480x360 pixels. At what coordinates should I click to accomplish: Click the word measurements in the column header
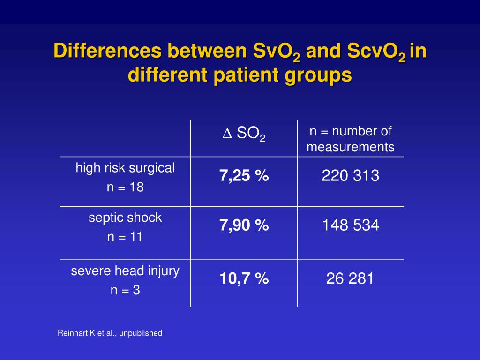[x=351, y=147]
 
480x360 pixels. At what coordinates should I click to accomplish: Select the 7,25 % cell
[x=244, y=176]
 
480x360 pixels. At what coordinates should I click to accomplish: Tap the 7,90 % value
[x=244, y=225]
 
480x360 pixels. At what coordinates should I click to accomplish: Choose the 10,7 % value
[x=244, y=279]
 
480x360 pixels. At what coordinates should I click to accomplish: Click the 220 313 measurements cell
[x=351, y=176]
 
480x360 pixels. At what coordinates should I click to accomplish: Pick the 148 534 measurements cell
[x=351, y=225]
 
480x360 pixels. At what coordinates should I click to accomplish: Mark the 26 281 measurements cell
[x=351, y=279]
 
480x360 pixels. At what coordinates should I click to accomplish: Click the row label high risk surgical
[x=125, y=168]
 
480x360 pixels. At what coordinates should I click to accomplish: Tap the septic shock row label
[x=125, y=217]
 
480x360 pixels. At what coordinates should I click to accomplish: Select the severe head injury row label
[x=125, y=271]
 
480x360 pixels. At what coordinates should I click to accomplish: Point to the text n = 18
[x=125, y=187]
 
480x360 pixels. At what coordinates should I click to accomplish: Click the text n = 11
[x=125, y=237]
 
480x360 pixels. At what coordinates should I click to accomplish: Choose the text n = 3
[x=125, y=290]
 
